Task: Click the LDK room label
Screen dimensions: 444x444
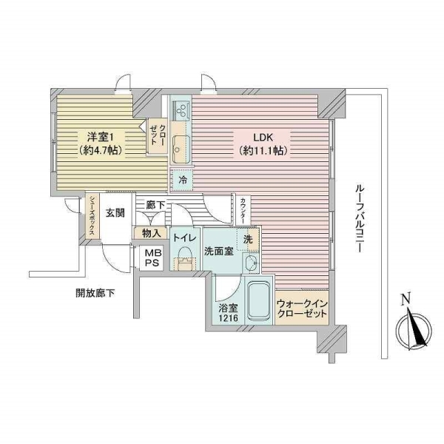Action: point(263,144)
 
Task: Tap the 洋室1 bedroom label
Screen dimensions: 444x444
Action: point(101,144)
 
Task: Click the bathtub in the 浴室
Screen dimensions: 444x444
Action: point(258,300)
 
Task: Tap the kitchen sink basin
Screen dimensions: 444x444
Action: point(181,149)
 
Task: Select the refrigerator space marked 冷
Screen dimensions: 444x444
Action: point(182,179)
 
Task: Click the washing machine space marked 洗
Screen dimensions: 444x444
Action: point(248,239)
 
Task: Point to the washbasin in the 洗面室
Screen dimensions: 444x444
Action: point(251,263)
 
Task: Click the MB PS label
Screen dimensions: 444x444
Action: point(152,258)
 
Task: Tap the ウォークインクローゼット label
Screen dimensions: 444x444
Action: point(302,309)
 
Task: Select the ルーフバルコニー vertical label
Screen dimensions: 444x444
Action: point(360,218)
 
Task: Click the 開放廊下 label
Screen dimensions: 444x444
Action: point(95,293)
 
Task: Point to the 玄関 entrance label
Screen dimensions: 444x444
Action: point(115,212)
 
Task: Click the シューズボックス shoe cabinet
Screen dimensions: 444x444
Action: point(92,216)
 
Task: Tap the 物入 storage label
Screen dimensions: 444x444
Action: point(151,233)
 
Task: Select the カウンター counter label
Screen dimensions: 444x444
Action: point(243,210)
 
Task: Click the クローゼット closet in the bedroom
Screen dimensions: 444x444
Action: point(158,136)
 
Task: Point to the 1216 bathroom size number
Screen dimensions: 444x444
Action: point(228,318)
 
